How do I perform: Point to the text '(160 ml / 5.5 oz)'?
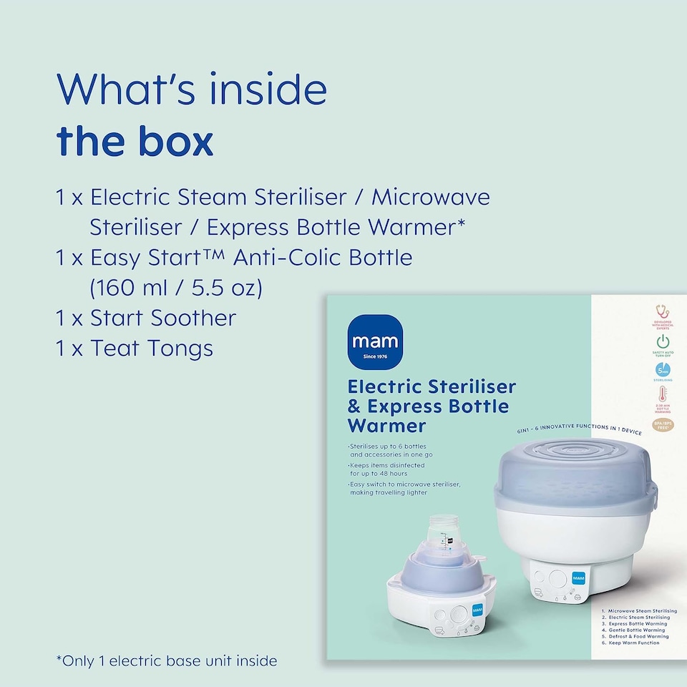coord(176,288)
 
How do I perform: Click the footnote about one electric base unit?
coord(166,661)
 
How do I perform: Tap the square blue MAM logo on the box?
coord(376,342)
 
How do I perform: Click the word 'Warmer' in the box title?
coord(386,427)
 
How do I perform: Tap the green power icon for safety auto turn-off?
coord(663,341)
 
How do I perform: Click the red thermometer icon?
coord(663,396)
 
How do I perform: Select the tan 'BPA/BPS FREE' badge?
coord(663,424)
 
